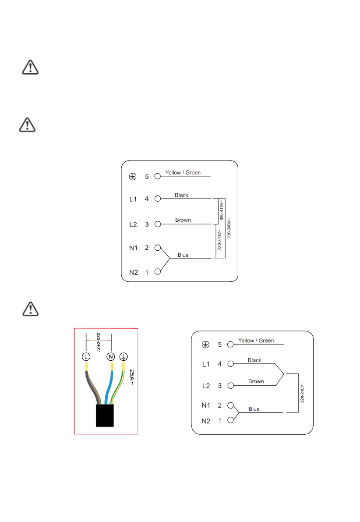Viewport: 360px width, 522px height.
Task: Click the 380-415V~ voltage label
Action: pos(221,210)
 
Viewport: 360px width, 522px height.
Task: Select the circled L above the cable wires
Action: pos(86,356)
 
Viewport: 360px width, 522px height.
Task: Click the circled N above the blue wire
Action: pos(112,356)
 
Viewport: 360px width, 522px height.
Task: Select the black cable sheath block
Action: pos(105,415)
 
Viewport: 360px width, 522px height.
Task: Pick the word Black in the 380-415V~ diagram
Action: pos(181,195)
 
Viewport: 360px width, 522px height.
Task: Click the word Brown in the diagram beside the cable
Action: pos(256,381)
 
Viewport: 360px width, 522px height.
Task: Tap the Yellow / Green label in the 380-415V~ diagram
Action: pos(183,173)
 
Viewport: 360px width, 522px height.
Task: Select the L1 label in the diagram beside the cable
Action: pos(206,364)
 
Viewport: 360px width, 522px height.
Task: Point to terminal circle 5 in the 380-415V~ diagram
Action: pos(157,177)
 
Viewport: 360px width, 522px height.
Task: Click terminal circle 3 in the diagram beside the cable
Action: pos(231,386)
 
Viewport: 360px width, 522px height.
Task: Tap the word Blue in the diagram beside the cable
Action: pos(254,409)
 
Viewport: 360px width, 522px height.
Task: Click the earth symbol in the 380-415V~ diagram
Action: pos(132,177)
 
